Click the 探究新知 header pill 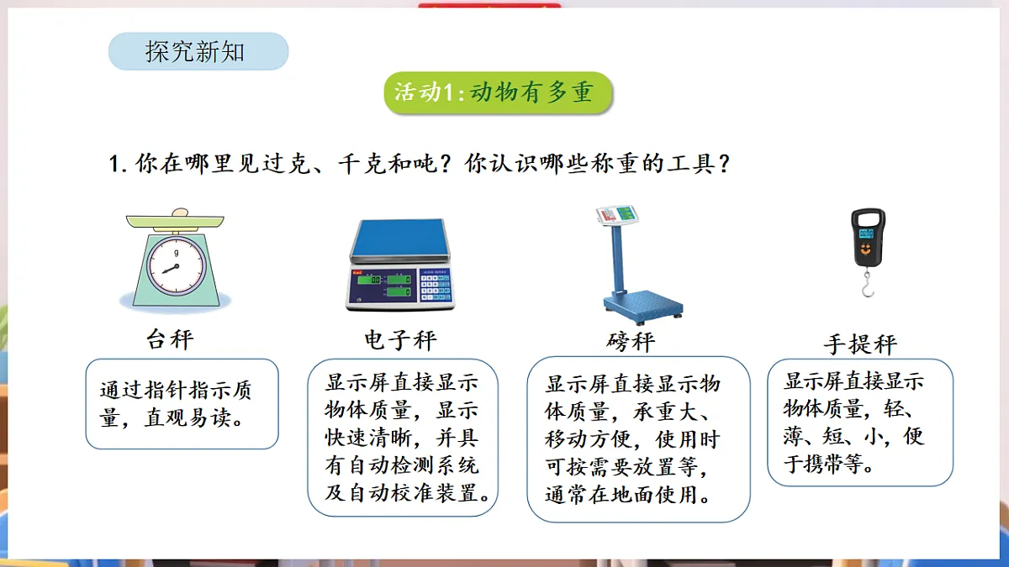(x=198, y=52)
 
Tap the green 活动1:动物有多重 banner (x=497, y=92)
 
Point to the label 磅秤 (x=630, y=341)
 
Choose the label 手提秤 (x=860, y=344)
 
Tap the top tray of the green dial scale (x=176, y=221)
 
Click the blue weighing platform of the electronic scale (x=399, y=239)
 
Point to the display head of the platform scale (x=615, y=217)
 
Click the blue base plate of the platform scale (x=642, y=303)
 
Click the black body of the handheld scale (x=868, y=237)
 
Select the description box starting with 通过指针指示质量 (x=182, y=404)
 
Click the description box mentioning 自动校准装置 (x=403, y=438)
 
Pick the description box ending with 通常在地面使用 (x=638, y=439)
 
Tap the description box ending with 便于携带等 (x=860, y=422)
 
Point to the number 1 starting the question (x=115, y=164)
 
